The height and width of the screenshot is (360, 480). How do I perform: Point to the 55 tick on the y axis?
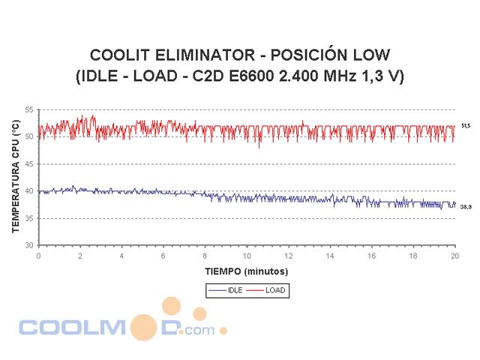(x=30, y=109)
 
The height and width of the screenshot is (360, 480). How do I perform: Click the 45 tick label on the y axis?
(x=30, y=163)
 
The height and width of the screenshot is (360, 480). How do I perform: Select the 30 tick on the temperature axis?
(x=30, y=245)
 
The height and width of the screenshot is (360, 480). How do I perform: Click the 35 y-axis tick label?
(x=30, y=218)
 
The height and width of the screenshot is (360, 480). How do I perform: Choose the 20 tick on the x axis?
(x=454, y=256)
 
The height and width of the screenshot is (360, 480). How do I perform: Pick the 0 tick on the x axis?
(x=39, y=256)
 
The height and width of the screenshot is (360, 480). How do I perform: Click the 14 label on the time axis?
(x=329, y=256)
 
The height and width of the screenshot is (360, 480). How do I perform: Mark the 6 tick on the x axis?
(x=163, y=256)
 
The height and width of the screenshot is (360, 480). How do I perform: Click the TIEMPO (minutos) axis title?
(x=245, y=270)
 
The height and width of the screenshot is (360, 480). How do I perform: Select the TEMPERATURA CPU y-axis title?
(x=15, y=178)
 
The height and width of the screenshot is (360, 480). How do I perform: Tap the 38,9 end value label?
(x=466, y=206)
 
